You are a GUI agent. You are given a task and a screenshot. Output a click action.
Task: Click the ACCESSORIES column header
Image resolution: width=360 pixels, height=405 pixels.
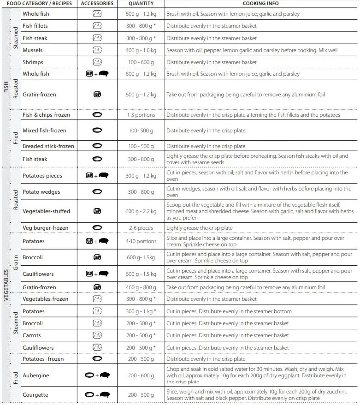click(97, 3)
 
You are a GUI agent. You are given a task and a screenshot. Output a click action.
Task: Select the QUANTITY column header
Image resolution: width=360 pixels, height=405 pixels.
click(141, 3)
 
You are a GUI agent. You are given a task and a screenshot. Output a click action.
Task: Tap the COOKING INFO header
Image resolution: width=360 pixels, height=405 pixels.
click(260, 3)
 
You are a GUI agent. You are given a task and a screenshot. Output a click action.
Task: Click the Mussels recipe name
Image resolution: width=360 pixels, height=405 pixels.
click(32, 50)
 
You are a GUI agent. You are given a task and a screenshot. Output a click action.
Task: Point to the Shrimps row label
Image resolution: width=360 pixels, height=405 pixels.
click(33, 62)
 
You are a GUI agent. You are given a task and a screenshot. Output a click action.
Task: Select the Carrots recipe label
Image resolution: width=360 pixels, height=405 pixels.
click(32, 335)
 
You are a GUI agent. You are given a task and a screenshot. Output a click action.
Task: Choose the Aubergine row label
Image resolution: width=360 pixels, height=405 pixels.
click(35, 375)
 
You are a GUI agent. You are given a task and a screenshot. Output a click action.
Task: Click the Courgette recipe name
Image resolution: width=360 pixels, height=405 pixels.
click(35, 395)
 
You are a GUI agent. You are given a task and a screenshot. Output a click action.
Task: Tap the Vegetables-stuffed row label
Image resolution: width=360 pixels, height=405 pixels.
click(46, 211)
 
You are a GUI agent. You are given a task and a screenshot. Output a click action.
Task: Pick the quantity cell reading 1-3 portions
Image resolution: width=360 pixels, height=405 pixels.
click(141, 115)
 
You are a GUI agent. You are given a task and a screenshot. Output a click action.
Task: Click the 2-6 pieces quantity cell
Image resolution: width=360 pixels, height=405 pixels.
click(141, 228)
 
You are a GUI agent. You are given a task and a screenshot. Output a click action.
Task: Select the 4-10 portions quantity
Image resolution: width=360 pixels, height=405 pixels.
click(141, 241)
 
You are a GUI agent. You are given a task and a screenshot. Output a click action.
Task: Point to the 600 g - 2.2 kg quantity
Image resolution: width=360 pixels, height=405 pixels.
click(141, 211)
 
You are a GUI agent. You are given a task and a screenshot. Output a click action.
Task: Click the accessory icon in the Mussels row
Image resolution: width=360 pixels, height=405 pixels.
click(97, 50)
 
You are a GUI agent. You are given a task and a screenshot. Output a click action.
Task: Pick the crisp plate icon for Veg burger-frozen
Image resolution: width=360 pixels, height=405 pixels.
click(97, 228)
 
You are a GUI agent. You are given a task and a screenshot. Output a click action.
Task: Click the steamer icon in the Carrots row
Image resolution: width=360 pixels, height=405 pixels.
click(97, 335)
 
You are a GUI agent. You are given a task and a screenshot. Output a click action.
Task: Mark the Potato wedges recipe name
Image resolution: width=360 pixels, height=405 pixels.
click(41, 192)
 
